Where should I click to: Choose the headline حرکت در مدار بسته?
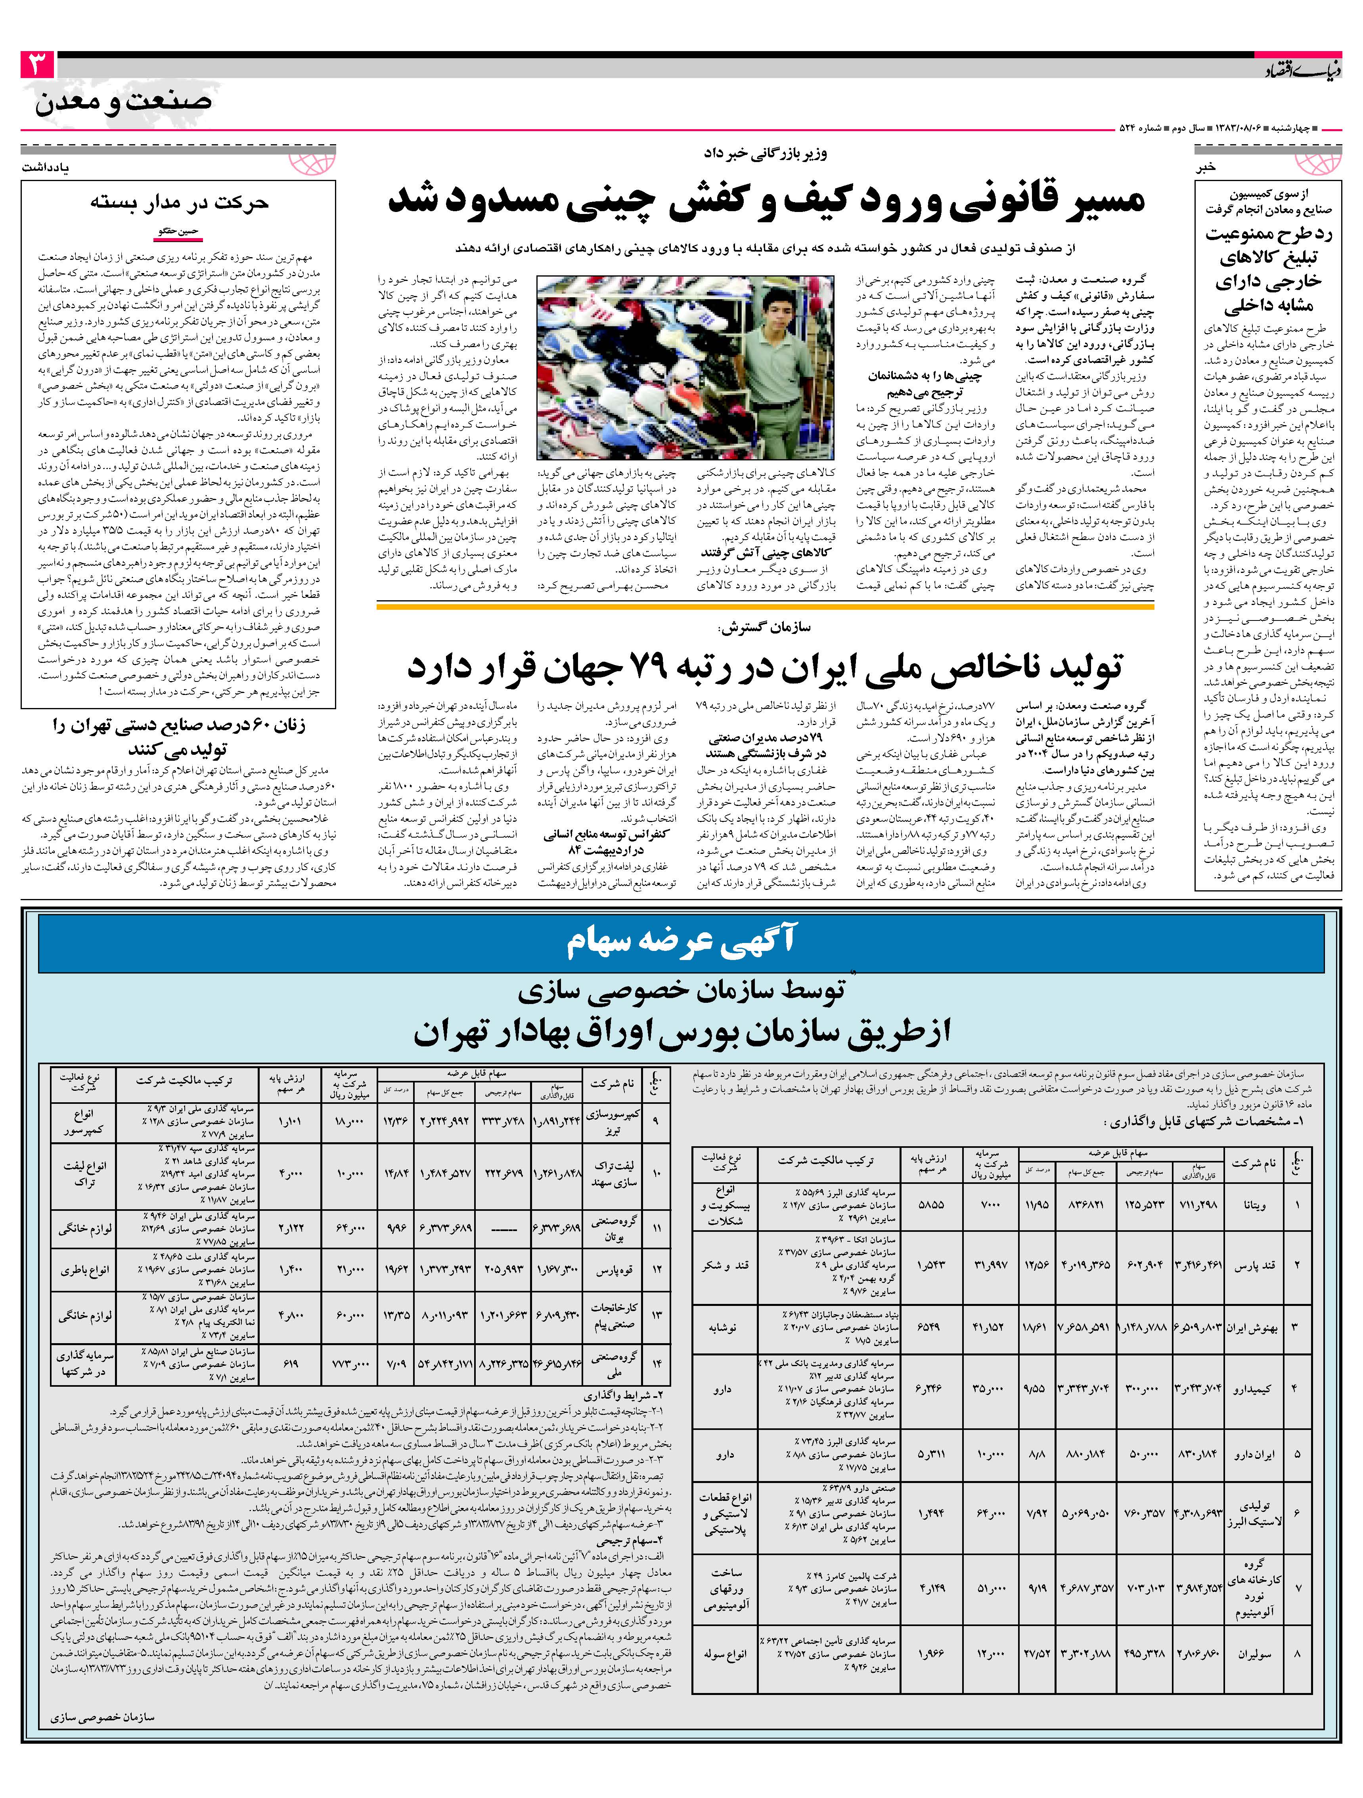179,202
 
